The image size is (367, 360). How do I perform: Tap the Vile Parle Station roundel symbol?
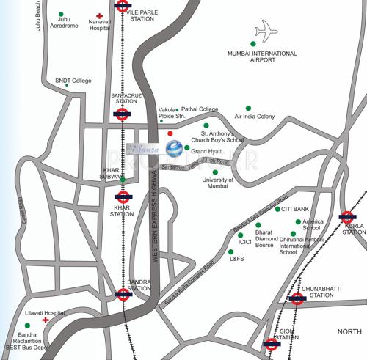(123, 7)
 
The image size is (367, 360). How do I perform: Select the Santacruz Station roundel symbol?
(123, 114)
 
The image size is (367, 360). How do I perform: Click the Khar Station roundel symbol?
(123, 196)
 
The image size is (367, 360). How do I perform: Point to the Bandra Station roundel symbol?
(123, 295)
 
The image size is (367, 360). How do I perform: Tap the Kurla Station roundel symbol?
(347, 217)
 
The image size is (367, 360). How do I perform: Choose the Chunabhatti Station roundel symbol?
(297, 298)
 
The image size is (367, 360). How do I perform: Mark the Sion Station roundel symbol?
(272, 343)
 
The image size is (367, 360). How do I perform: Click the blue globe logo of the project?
(175, 149)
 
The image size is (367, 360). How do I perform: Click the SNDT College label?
(73, 81)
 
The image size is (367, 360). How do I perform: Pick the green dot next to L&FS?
(230, 251)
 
